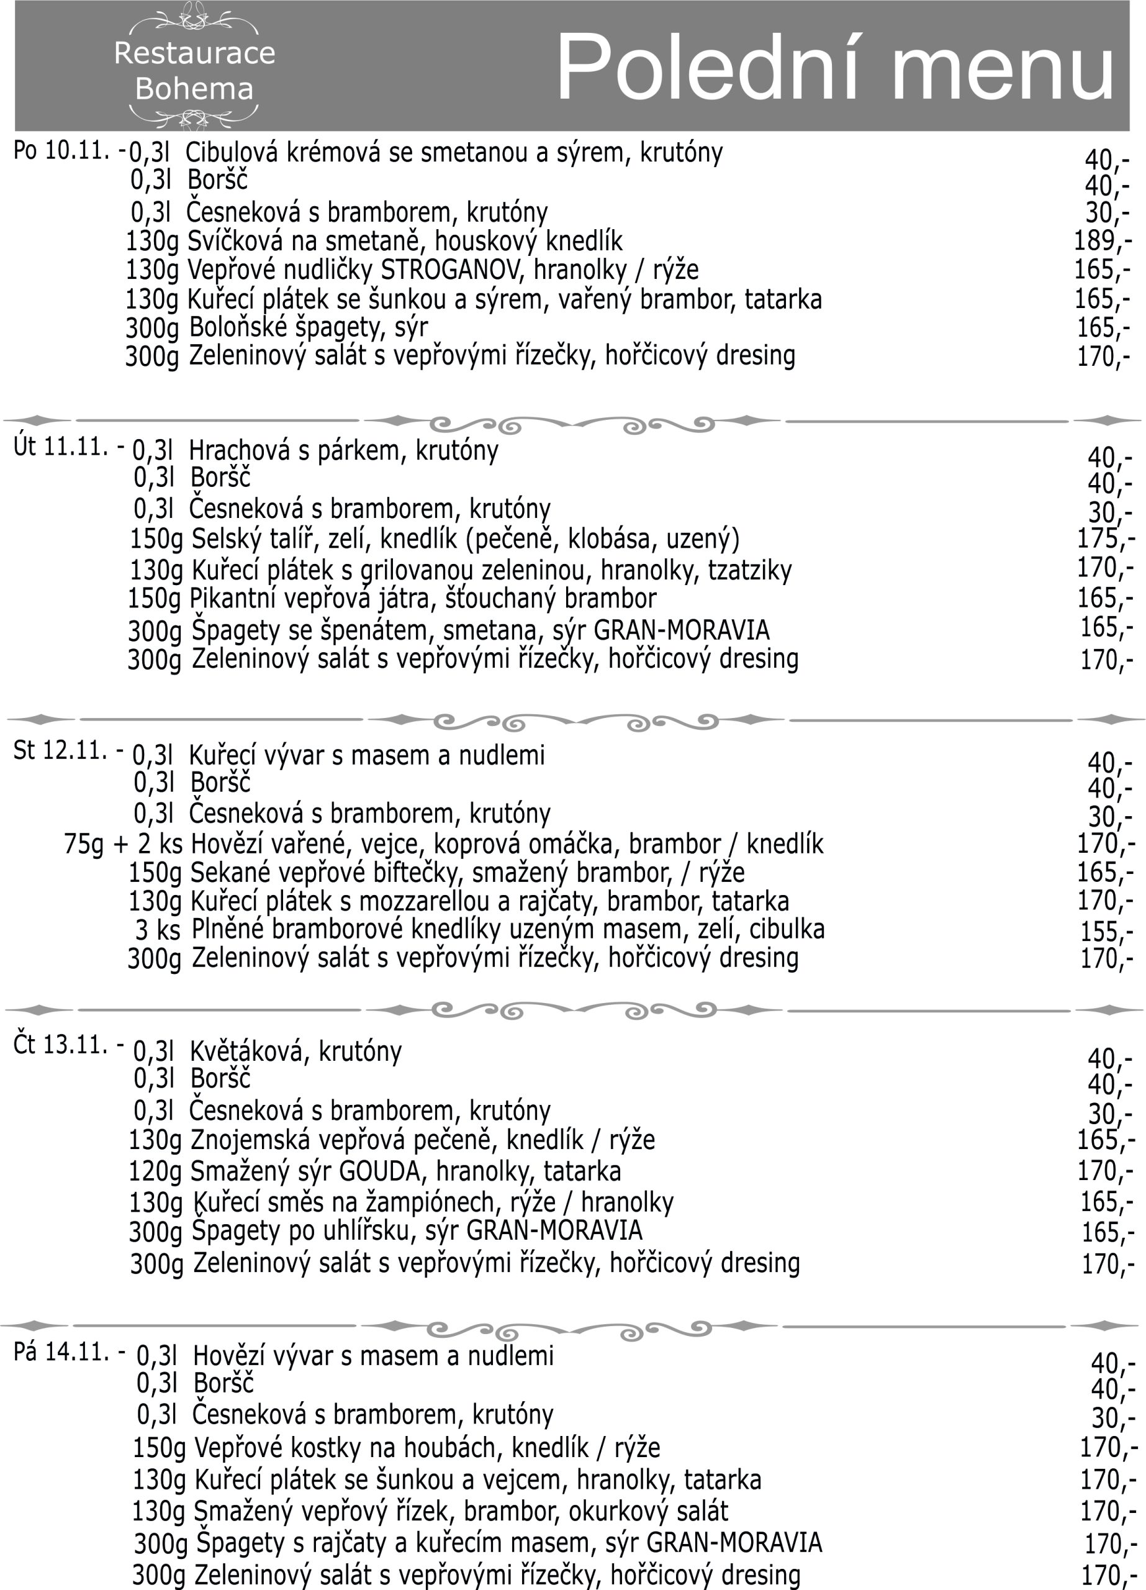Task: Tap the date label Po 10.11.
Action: [61, 150]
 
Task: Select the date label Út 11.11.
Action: [61, 447]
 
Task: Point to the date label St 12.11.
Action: [61, 750]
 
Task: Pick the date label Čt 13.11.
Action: [61, 1045]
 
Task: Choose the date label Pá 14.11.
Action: [61, 1351]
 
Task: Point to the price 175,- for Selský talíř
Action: [1104, 538]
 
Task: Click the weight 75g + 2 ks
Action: [124, 844]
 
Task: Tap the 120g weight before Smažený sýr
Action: [156, 1171]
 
